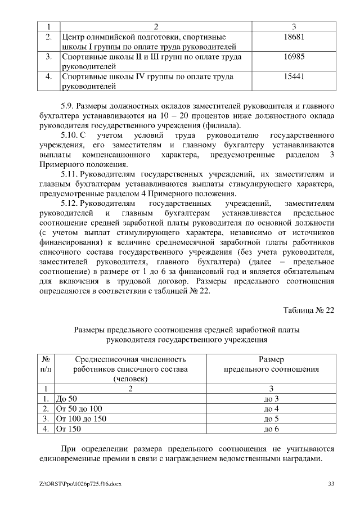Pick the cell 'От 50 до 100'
click(x=80, y=409)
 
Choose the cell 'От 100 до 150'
click(x=82, y=419)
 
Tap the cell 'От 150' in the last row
click(x=70, y=429)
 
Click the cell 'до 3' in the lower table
click(x=271, y=399)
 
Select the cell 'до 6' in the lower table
click(x=271, y=429)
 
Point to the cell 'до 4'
click(x=271, y=409)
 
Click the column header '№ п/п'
click(x=47, y=364)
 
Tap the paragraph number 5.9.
click(x=67, y=106)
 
